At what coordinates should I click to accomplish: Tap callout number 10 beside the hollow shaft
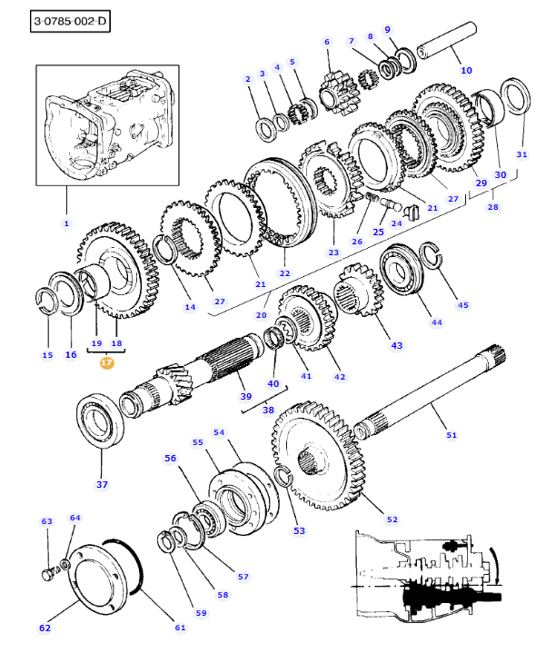pos(466,69)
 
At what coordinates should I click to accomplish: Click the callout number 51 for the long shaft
pos(452,435)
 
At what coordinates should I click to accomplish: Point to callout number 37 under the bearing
pos(102,484)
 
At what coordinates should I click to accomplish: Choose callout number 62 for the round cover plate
pos(45,628)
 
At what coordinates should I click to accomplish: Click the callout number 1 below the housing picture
pos(65,223)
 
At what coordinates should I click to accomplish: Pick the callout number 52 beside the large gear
pos(392,520)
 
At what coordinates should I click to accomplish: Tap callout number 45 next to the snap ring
pos(462,304)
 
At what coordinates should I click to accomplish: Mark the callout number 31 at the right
pos(521,153)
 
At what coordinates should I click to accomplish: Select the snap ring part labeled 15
pos(46,302)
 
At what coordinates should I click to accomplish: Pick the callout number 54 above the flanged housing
pos(218,432)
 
